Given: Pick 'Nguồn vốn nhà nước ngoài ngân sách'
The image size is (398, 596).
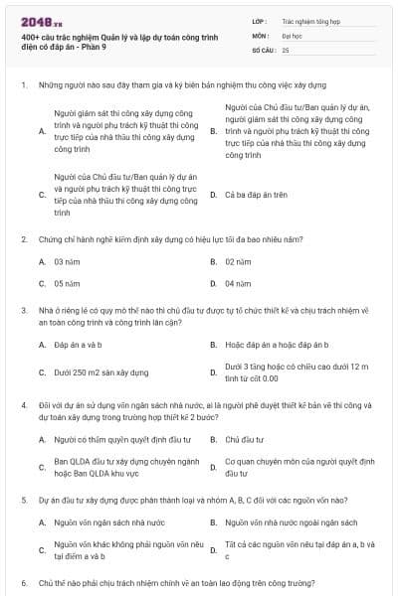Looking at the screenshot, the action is pyautogui.click(x=291, y=522).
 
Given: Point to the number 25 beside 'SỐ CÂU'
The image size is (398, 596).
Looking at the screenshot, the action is pyautogui.click(x=287, y=49).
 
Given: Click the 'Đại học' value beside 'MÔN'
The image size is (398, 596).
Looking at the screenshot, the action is pyautogui.click(x=293, y=34).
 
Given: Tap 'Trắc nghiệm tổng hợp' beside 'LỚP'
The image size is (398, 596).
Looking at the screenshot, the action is pyautogui.click(x=309, y=20).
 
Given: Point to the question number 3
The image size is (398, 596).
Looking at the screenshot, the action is pyautogui.click(x=23, y=310).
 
